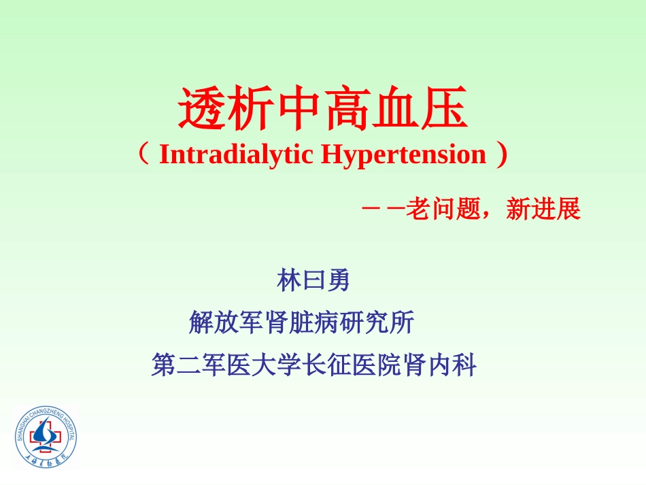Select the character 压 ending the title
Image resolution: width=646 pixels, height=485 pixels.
click(445, 110)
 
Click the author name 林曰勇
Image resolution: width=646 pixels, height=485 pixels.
click(313, 280)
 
